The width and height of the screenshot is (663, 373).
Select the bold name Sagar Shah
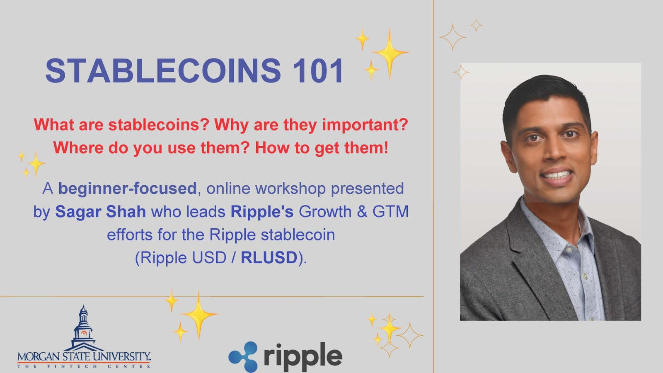101,211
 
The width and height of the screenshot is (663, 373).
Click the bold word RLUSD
269,257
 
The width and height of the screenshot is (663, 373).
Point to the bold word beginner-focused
127,189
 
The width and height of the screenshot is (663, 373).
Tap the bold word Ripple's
262,211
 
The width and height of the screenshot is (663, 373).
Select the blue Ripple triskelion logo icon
243,356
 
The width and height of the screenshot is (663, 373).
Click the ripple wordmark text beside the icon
303,356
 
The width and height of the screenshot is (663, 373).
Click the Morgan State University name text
84,356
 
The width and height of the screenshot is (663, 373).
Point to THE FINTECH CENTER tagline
84,366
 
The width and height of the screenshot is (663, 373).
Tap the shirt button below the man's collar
585,276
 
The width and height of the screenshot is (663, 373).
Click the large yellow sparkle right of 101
389,53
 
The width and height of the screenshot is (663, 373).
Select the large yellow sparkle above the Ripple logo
199,315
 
